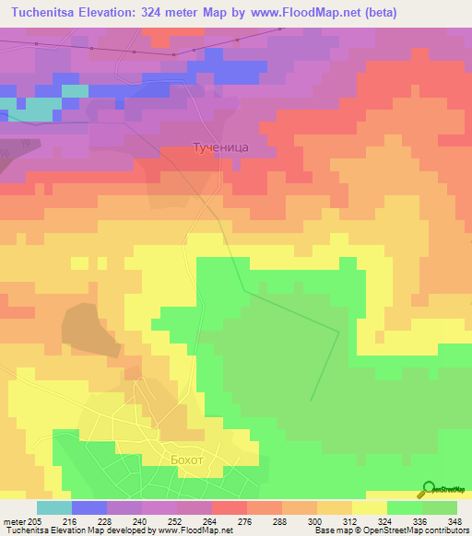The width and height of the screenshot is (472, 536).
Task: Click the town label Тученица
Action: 219,146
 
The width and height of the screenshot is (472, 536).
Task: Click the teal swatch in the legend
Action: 53,507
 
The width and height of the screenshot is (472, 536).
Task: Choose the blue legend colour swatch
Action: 88,507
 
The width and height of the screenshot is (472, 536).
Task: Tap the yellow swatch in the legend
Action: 369,507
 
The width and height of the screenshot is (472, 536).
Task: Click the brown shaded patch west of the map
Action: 88,328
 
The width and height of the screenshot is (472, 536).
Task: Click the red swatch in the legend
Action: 229,507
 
